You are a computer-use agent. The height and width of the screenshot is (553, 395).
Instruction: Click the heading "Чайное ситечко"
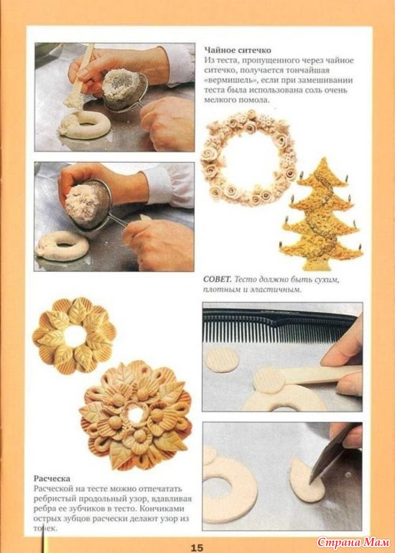238,50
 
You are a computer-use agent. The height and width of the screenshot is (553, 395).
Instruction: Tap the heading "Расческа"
52,478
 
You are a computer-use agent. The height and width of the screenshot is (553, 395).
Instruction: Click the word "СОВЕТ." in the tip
217,280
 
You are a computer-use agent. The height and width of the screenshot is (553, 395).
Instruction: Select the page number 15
197,547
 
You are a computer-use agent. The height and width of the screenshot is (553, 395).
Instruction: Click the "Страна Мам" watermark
353,542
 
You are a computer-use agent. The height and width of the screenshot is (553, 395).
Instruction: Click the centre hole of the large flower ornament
136,415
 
